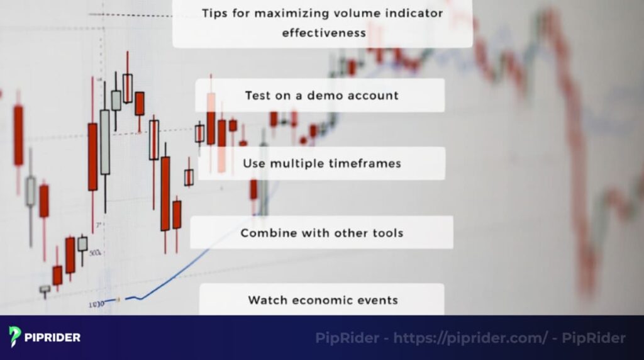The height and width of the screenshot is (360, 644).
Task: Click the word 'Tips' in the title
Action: pyautogui.click(x=214, y=13)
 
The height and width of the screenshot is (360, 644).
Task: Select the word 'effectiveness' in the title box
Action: pyautogui.click(x=324, y=33)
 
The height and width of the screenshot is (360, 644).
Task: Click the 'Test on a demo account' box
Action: pyautogui.click(x=320, y=96)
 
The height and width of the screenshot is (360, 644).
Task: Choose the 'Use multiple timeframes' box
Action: pyautogui.click(x=321, y=164)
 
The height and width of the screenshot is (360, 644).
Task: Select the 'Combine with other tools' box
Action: pyautogui.click(x=321, y=233)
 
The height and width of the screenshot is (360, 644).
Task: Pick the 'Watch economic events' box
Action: pyautogui.click(x=321, y=300)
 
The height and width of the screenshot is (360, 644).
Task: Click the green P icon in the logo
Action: pyautogui.click(x=14, y=337)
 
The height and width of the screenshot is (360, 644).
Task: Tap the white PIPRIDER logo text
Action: pyautogui.click(x=53, y=337)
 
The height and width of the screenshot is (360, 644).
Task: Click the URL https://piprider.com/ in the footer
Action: pyautogui.click(x=470, y=338)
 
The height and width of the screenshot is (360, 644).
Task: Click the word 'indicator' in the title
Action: pyautogui.click(x=416, y=13)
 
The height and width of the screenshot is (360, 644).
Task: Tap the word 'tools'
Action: pyautogui.click(x=386, y=233)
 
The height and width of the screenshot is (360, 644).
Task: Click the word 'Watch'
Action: pyautogui.click(x=267, y=300)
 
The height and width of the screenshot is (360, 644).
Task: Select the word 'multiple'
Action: pyautogui.click(x=297, y=164)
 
